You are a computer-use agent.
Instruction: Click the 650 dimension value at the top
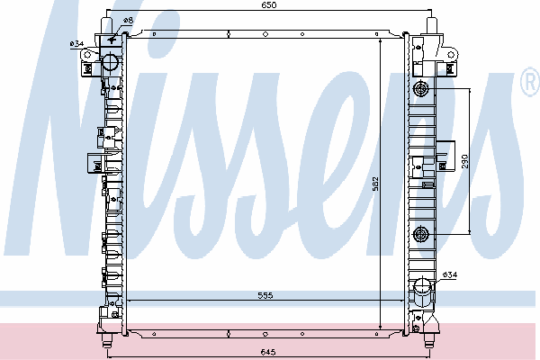[x=268, y=4]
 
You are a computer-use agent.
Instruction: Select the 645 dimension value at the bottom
[x=268, y=352]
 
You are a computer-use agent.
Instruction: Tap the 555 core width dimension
[x=265, y=295]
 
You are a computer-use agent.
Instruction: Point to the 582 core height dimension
[x=375, y=184]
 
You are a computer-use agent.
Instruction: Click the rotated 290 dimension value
[x=465, y=161]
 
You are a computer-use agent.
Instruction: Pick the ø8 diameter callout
[x=128, y=21]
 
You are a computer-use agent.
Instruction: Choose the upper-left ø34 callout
[x=76, y=44]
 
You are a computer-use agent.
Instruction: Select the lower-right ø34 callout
[x=450, y=274]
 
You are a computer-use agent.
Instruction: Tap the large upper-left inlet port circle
[x=111, y=61]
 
